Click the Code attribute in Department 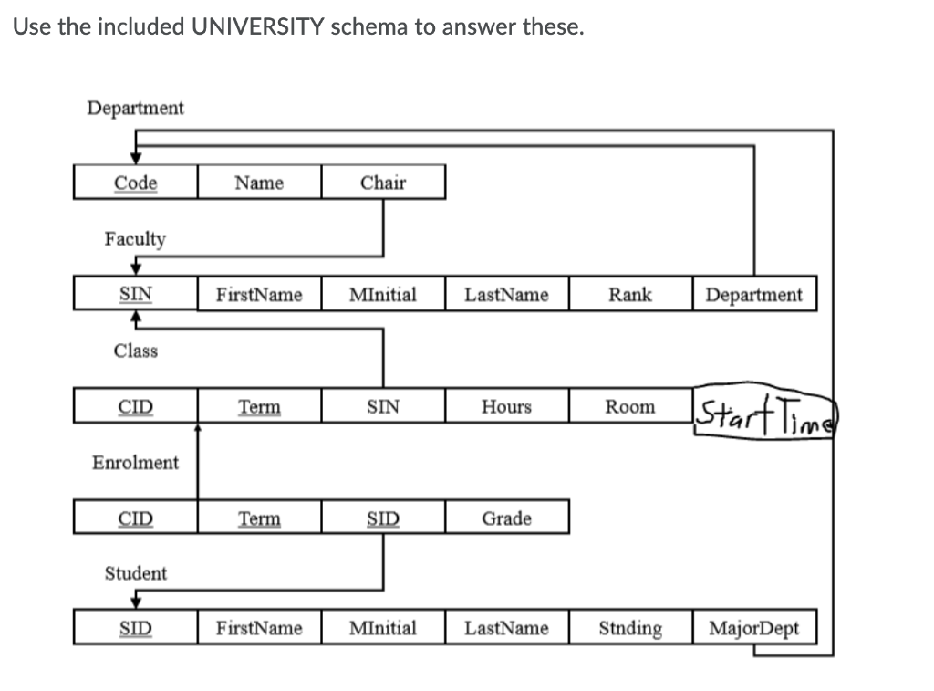(x=135, y=183)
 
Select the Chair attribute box (x=383, y=183)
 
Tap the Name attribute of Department (x=259, y=183)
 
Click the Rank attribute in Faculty (x=630, y=295)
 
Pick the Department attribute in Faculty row (x=754, y=295)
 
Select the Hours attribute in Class (x=507, y=407)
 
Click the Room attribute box (x=630, y=407)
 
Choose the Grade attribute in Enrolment (x=507, y=518)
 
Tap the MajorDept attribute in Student (x=754, y=628)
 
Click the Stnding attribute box (x=630, y=628)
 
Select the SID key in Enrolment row (x=383, y=518)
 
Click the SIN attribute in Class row (x=383, y=407)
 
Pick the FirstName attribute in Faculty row (x=259, y=295)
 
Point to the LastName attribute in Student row (x=507, y=628)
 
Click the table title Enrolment (x=135, y=463)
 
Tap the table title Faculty (x=135, y=239)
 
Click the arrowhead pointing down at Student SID (x=135, y=600)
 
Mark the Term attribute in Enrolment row (x=259, y=518)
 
